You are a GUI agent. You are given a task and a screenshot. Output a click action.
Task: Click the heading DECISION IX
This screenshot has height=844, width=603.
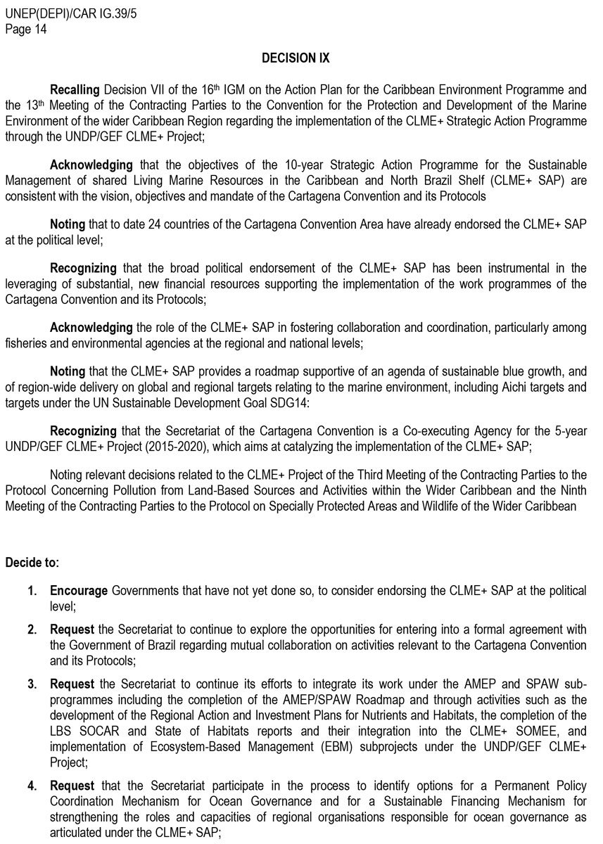pos(296,58)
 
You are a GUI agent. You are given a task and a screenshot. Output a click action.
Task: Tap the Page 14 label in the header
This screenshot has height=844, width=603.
pos(26,29)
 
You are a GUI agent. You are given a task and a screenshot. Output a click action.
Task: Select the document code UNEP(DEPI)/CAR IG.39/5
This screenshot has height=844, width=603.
pos(71,14)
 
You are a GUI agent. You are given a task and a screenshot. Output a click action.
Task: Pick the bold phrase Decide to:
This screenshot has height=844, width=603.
pos(32,563)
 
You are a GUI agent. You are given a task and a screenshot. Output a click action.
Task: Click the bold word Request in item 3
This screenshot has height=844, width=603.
pos(72,685)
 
